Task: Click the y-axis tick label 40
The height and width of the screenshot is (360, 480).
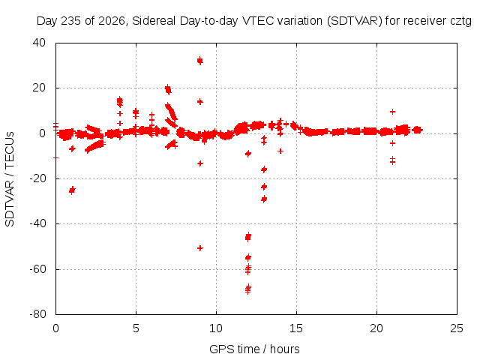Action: click(39, 43)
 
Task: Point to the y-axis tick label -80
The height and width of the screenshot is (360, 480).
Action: click(37, 314)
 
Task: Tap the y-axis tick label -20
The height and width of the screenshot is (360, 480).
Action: click(37, 178)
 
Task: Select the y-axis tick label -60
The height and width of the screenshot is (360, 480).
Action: click(37, 268)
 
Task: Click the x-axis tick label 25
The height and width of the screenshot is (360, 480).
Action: click(457, 328)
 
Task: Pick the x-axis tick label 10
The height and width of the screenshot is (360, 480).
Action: click(216, 328)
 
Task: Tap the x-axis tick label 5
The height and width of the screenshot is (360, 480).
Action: click(136, 328)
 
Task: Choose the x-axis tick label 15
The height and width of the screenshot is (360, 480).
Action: click(296, 328)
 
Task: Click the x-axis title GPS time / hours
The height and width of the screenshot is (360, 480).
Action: click(254, 349)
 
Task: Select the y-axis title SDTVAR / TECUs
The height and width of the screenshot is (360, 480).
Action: click(10, 179)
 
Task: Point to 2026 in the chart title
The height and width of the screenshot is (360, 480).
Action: click(111, 21)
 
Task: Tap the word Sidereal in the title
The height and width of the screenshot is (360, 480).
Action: click(154, 21)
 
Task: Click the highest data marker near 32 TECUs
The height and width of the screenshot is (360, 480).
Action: click(200, 61)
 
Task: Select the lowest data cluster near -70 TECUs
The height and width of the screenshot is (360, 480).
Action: click(248, 289)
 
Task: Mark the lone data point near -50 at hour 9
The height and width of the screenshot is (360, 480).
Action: click(200, 248)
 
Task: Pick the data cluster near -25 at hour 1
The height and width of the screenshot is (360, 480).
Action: click(72, 190)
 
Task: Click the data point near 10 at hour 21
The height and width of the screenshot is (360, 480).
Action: click(392, 112)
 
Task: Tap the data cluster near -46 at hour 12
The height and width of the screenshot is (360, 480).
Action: click(248, 237)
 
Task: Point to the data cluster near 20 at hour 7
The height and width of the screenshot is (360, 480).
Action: click(168, 89)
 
